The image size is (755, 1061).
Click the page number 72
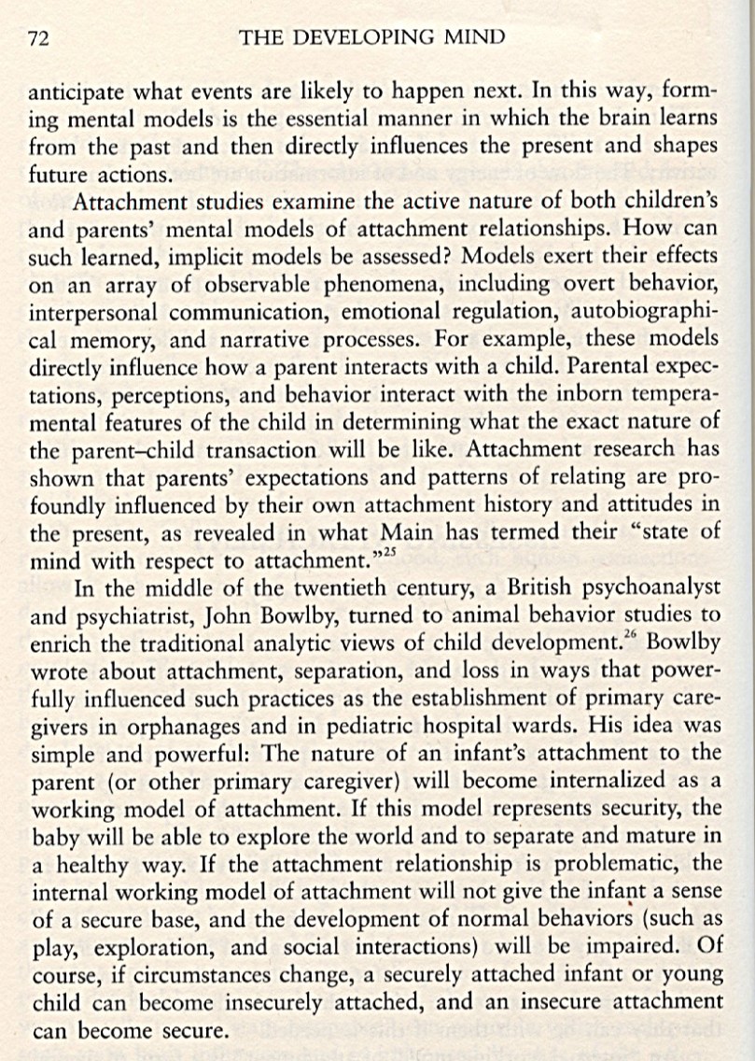click(x=38, y=38)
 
